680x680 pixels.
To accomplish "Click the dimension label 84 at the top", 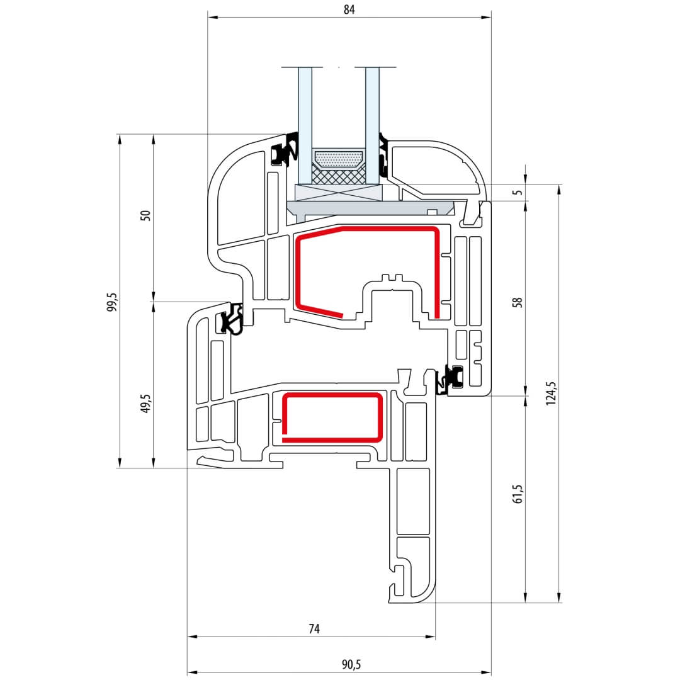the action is [349, 9].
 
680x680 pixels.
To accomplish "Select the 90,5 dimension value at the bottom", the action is [351, 664].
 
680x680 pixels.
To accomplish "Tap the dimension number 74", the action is [314, 628].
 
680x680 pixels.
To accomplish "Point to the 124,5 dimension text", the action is [551, 394].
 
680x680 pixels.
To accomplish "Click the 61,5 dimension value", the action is [518, 494].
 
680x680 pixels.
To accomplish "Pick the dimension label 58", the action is [518, 302].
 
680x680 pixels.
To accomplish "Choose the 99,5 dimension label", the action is [112, 302].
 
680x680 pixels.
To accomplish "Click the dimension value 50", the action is [145, 215].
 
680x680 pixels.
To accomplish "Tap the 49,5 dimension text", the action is [145, 404].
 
